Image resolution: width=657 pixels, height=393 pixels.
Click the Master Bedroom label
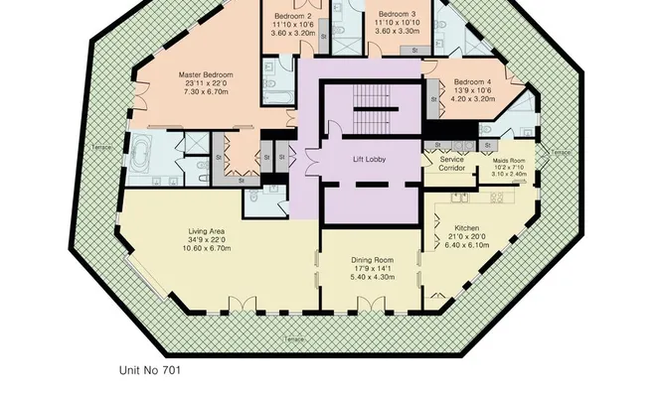coord(206,74)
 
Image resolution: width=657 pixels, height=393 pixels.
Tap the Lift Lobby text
coord(370,159)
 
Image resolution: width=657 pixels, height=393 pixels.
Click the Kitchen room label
coord(466,228)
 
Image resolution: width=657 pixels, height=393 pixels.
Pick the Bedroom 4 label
coord(472,81)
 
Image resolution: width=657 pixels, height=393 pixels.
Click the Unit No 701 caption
coord(150,370)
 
